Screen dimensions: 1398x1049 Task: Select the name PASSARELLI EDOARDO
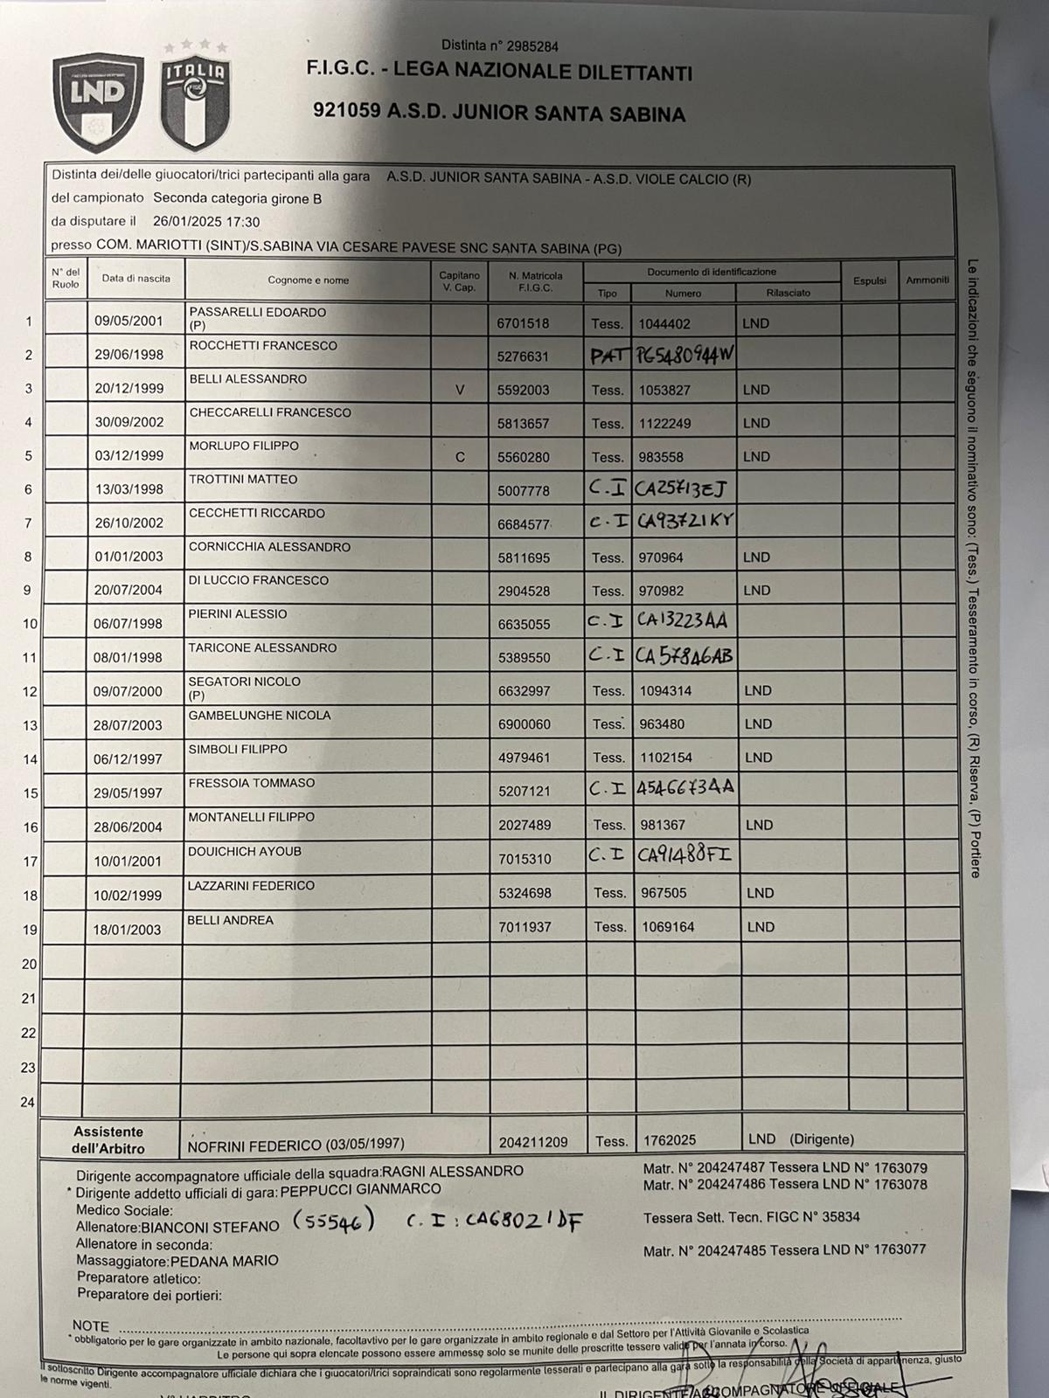coord(258,312)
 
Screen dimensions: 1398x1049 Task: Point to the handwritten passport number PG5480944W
coord(684,355)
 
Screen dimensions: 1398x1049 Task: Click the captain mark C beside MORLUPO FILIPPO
coord(460,457)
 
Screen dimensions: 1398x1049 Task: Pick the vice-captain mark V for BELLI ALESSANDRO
coord(460,390)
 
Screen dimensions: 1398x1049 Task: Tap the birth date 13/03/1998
coord(129,489)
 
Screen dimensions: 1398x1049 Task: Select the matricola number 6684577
coord(524,524)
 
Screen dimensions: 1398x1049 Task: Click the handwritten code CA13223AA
coord(682,621)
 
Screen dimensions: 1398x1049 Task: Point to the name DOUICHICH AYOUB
coord(245,851)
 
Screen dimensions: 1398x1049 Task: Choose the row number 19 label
coord(29,930)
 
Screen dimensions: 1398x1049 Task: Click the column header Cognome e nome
coord(308,280)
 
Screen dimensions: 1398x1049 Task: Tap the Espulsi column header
coord(869,280)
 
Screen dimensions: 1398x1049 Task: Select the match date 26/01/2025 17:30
coord(206,222)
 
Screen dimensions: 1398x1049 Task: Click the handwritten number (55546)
coord(333,1222)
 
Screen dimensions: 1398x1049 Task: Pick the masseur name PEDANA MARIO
coord(225,1261)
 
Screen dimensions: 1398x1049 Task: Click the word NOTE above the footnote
coord(91,1325)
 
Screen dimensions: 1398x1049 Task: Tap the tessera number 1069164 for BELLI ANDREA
coord(667,927)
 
